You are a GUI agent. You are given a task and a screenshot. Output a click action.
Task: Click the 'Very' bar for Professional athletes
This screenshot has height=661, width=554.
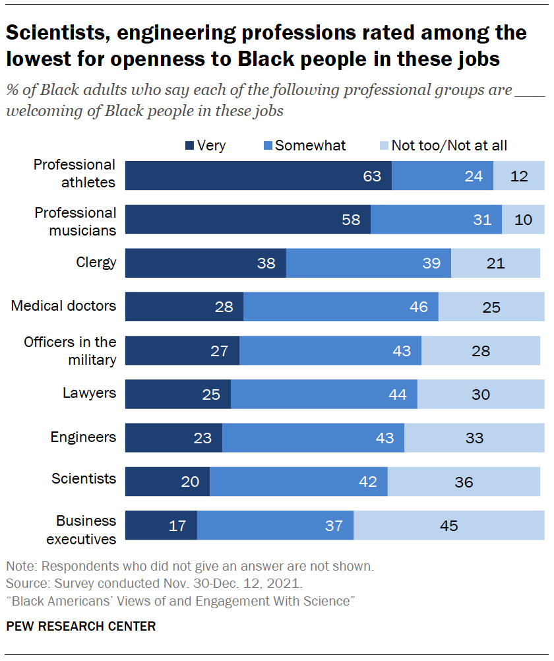pyautogui.click(x=258, y=176)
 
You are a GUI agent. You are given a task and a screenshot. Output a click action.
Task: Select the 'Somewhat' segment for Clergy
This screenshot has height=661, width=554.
pyautogui.click(x=369, y=263)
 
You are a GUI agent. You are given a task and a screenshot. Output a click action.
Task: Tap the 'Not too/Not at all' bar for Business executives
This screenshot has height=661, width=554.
pyautogui.click(x=449, y=526)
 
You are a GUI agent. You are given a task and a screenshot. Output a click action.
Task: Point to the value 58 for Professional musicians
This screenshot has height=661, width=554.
pyautogui.click(x=351, y=220)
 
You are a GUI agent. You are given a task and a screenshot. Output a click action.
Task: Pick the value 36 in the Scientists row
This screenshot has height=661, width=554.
pyautogui.click(x=464, y=482)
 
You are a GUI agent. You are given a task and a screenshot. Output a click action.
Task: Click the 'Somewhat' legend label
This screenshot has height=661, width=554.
pyautogui.click(x=310, y=146)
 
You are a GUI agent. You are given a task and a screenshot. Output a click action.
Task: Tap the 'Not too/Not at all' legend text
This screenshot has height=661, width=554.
pyautogui.click(x=449, y=146)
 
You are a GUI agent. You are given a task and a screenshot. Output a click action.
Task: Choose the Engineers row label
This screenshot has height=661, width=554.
pyautogui.click(x=83, y=437)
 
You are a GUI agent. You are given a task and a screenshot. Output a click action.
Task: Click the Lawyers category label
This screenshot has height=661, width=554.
pyautogui.click(x=89, y=393)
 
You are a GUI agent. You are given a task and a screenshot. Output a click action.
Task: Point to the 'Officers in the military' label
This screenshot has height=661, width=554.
pyautogui.click(x=70, y=350)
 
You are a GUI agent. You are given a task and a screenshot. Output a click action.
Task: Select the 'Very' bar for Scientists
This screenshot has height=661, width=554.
pyautogui.click(x=167, y=482)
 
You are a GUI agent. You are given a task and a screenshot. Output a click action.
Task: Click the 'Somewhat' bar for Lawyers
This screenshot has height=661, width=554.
pyautogui.click(x=324, y=394)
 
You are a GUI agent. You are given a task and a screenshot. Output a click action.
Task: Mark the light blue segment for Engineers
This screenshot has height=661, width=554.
pyautogui.click(x=474, y=438)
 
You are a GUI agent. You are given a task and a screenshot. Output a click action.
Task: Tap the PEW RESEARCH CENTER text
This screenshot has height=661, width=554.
pyautogui.click(x=81, y=626)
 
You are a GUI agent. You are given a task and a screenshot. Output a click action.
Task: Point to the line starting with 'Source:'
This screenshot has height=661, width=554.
pyautogui.click(x=154, y=583)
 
